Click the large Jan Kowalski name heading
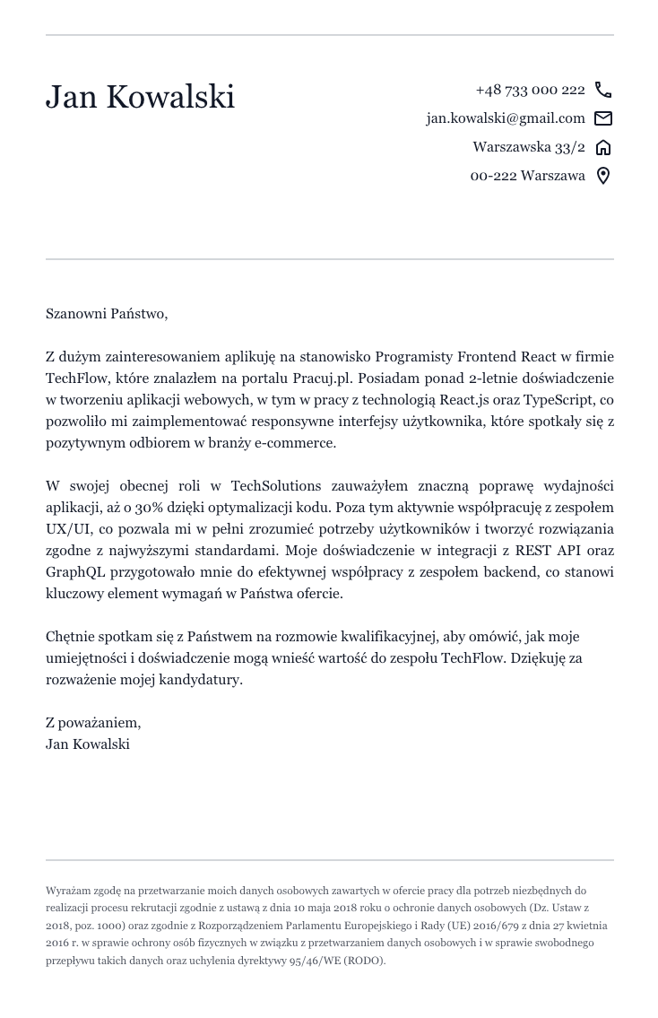click(x=140, y=97)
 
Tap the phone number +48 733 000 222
click(x=530, y=90)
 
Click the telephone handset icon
click(x=603, y=90)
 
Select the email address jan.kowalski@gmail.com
click(x=505, y=118)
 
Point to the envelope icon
click(x=603, y=118)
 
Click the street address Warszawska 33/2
click(x=528, y=147)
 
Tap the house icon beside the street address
click(x=603, y=147)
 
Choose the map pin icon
click(x=603, y=176)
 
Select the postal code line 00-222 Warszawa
click(x=527, y=176)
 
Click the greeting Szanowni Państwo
click(x=106, y=314)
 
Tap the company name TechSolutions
click(x=275, y=486)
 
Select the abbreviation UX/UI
click(x=65, y=529)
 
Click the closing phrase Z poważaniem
click(x=92, y=723)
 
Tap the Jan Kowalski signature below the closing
click(x=87, y=744)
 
